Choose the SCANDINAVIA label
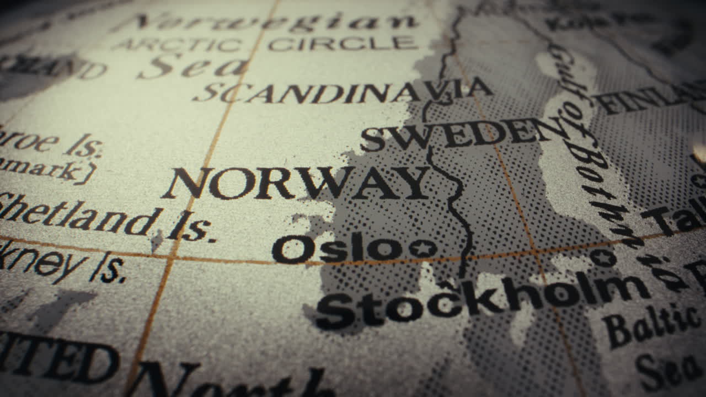(342, 91)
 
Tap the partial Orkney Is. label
(61, 262)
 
